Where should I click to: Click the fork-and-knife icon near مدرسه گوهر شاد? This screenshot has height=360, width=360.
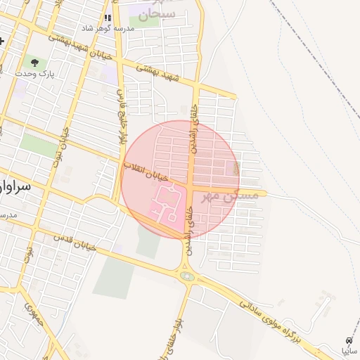[108, 18]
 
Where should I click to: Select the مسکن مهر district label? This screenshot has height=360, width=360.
[230, 196]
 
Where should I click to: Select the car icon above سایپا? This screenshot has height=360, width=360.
[349, 340]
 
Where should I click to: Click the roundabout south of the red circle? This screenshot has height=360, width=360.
[187, 276]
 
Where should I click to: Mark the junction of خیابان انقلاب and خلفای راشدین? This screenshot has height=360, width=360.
[191, 187]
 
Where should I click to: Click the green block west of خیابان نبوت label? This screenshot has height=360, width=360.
[39, 145]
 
